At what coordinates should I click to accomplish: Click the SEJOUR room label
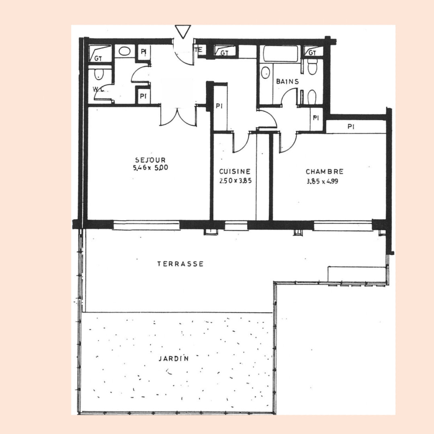[x=150, y=160]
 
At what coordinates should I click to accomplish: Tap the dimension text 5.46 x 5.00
[x=151, y=168]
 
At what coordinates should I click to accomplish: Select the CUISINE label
[x=235, y=172]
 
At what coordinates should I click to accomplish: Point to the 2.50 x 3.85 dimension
[x=235, y=181]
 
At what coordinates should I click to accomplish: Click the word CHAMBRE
[x=325, y=172]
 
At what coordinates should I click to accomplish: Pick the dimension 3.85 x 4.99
[x=322, y=182]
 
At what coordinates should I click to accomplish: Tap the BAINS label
[x=288, y=81]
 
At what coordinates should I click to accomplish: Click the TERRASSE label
[x=180, y=264]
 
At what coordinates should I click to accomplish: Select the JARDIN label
[x=174, y=359]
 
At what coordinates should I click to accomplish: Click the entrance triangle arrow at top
[x=183, y=31]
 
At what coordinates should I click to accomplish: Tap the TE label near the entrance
[x=199, y=50]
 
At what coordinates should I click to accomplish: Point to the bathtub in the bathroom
[x=280, y=54]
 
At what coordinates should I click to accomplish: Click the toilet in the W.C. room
[x=99, y=74]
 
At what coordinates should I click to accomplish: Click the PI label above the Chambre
[x=351, y=127]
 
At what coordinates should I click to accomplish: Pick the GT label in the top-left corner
[x=98, y=58]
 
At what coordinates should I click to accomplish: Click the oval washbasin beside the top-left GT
[x=125, y=51]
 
